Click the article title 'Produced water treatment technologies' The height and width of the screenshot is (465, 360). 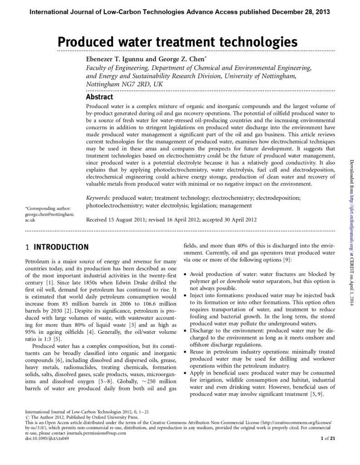click(x=177, y=42)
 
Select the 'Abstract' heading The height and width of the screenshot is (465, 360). click(x=99, y=97)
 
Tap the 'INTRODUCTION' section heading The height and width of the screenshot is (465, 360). click(x=61, y=247)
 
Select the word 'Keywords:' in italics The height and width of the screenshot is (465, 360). click(x=98, y=198)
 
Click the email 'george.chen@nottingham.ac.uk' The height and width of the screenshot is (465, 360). click(x=49, y=216)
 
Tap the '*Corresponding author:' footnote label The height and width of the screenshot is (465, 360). click(x=48, y=208)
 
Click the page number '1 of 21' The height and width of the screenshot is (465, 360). click(x=327, y=438)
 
